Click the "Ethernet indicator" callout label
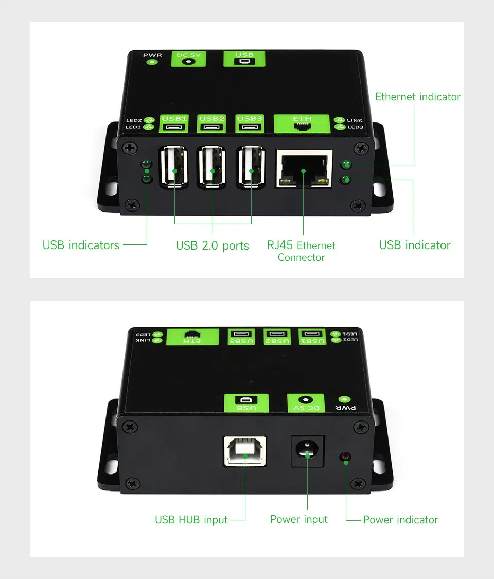pyautogui.click(x=417, y=97)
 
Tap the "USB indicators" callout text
pyautogui.click(x=81, y=245)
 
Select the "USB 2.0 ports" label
pyautogui.click(x=213, y=245)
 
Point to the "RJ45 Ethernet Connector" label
pyautogui.click(x=301, y=251)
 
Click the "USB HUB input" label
pyautogui.click(x=191, y=519)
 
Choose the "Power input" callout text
pyautogui.click(x=298, y=519)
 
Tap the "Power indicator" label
pyautogui.click(x=400, y=519)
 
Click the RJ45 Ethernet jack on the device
pyautogui.click(x=304, y=169)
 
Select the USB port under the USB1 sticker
pyautogui.click(x=174, y=167)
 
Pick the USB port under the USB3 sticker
pyautogui.click(x=251, y=167)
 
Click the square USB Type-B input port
pyautogui.click(x=245, y=451)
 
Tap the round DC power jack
pyautogui.click(x=307, y=450)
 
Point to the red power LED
pyautogui.click(x=345, y=457)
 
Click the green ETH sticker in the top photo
pyautogui.click(x=302, y=124)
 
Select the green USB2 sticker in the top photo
pyautogui.click(x=211, y=124)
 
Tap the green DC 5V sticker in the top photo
pyautogui.click(x=188, y=59)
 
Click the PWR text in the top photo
pyautogui.click(x=152, y=55)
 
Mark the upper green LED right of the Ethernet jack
pyautogui.click(x=346, y=164)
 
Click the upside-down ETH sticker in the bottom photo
pyautogui.click(x=192, y=337)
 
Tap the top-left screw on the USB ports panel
pyautogui.click(x=130, y=148)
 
